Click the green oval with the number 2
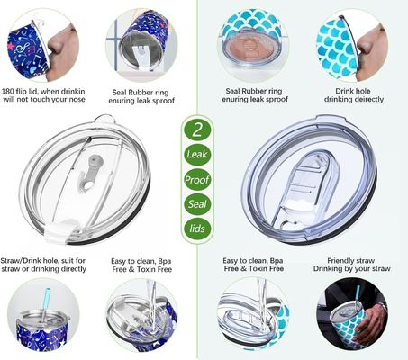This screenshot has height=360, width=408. [x=197, y=130]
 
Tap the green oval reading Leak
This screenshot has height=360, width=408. [x=197, y=155]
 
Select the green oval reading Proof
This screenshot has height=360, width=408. [x=197, y=180]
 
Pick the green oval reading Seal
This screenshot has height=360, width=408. [x=197, y=204]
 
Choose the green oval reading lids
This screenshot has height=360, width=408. [x=197, y=229]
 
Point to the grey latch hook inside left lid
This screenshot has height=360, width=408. [x=89, y=173]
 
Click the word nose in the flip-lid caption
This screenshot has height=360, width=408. [x=76, y=99]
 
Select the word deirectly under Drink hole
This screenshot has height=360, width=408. [x=368, y=99]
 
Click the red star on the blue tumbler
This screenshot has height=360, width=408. [x=11, y=47]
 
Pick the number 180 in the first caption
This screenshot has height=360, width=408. [x=7, y=91]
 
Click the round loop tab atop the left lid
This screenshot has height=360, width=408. [x=104, y=119]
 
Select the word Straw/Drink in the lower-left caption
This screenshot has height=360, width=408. [x=21, y=261]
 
